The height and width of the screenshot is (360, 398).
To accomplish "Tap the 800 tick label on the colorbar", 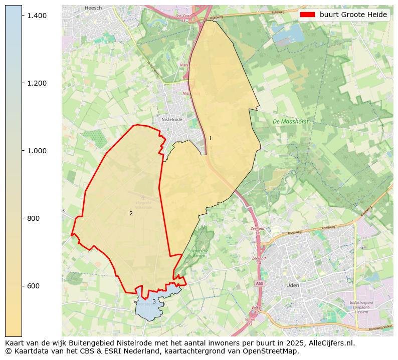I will point(33,218).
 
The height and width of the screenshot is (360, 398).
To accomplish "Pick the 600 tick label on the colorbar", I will point(33,286).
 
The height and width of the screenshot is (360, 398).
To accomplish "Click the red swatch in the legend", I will point(307,15).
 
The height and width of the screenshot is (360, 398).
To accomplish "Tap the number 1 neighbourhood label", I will point(210,138).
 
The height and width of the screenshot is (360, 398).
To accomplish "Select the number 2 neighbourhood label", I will point(131,213).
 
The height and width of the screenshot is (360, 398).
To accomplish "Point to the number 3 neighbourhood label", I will point(154,301).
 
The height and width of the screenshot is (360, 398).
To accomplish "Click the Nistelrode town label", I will point(172,120).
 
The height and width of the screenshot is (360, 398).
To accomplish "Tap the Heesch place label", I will point(93,8).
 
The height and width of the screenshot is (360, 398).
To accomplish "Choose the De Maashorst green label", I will point(290,122).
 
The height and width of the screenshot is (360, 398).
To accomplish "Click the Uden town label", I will point(292,285).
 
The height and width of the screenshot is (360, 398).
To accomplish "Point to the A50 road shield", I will point(259,283).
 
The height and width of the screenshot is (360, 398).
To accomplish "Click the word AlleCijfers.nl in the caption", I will point(329,343).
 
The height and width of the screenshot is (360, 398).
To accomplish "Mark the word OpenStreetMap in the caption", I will point(273,351).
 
